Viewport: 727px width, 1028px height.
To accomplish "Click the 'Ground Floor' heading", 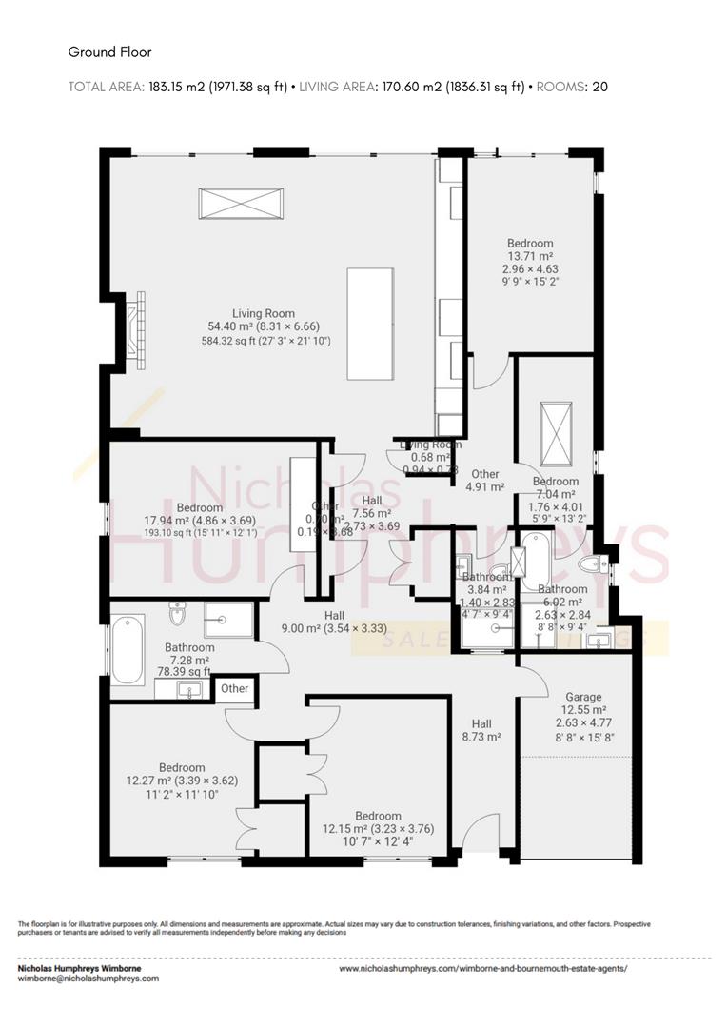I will [x=109, y=52].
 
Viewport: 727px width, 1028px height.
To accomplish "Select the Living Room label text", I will [x=264, y=313].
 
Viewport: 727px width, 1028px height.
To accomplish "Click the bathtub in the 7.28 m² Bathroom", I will [x=127, y=651].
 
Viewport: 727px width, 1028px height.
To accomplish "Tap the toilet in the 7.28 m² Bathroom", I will [x=177, y=618].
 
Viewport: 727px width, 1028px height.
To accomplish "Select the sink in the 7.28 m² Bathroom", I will [x=190, y=690].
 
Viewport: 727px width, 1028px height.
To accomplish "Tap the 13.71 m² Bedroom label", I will [x=529, y=244].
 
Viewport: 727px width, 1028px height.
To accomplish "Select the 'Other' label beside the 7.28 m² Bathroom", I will [x=235, y=688].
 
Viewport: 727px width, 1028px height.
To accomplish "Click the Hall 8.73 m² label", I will [x=481, y=729].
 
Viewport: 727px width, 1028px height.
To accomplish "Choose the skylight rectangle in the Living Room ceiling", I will [x=241, y=205].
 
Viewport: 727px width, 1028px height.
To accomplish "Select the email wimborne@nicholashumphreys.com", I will [x=89, y=978].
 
